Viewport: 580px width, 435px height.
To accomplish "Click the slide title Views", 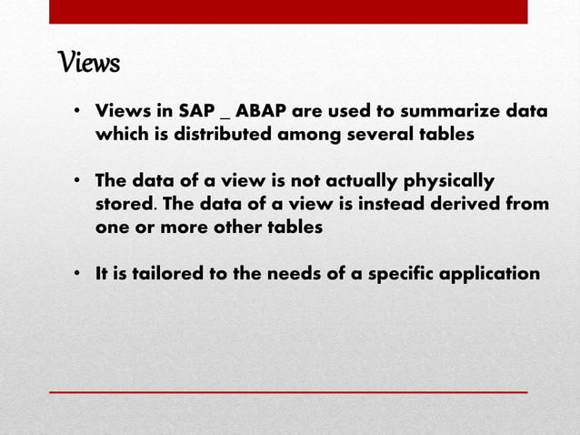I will click(89, 64).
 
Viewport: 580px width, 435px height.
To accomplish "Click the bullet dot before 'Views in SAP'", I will click(79, 113).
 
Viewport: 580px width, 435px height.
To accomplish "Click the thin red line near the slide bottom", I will click(288, 392).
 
